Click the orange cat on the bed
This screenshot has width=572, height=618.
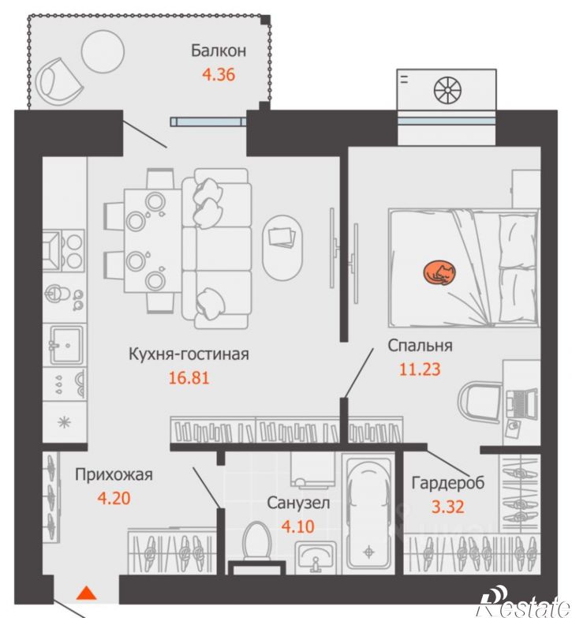(439, 273)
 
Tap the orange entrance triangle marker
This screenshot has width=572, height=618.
(86, 593)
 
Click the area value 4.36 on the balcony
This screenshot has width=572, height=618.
(219, 74)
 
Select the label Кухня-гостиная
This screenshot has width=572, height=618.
(189, 354)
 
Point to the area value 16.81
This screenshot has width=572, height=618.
(189, 378)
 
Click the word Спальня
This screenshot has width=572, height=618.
(420, 345)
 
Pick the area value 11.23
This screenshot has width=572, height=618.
(420, 369)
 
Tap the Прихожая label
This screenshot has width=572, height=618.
(114, 474)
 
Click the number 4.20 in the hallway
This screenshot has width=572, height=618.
(114, 499)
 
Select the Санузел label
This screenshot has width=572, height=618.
(298, 503)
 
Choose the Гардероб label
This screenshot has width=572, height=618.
(448, 482)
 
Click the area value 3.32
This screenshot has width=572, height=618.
(448, 507)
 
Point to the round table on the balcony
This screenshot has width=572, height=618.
(103, 51)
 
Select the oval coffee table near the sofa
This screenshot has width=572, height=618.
(283, 248)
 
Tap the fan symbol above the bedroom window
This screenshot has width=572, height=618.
(448, 90)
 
